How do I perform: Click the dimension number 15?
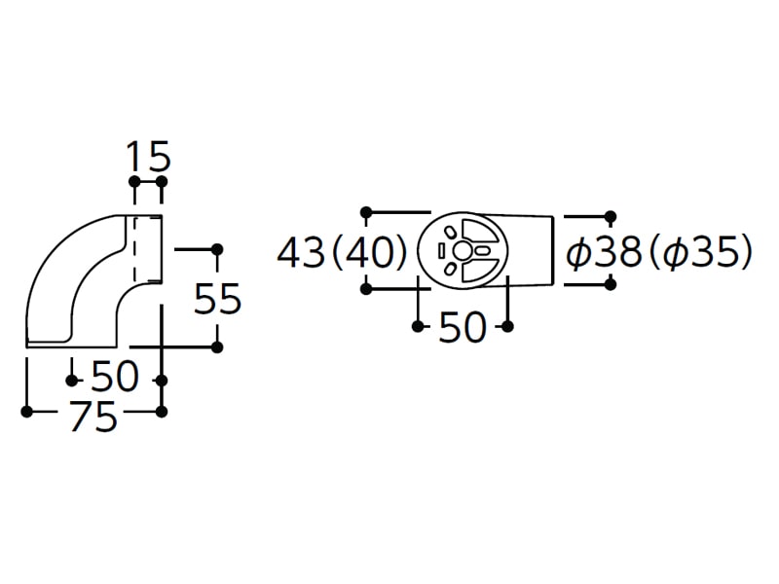pyautogui.click(x=149, y=157)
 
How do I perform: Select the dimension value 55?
pyautogui.click(x=217, y=299)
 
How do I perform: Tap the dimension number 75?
pyautogui.click(x=93, y=416)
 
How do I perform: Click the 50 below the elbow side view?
pyautogui.click(x=115, y=376)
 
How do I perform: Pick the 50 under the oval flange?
pyautogui.click(x=462, y=327)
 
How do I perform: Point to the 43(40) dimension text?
pyautogui.click(x=342, y=252)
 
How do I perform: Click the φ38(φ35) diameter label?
pyautogui.click(x=659, y=252)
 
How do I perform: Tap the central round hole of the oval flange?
pyautogui.click(x=462, y=251)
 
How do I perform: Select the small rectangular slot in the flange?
pyautogui.click(x=441, y=251)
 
